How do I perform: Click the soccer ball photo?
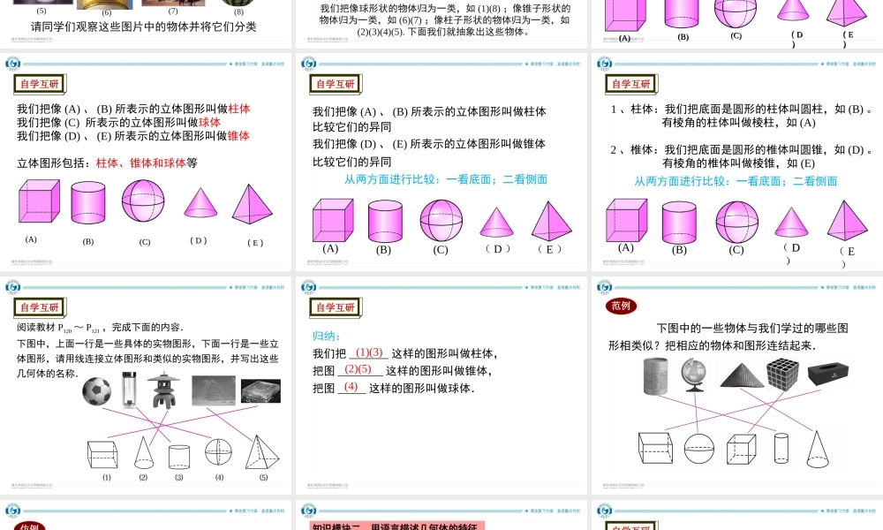pyautogui.click(x=96, y=391)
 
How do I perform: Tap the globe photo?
pyautogui.click(x=694, y=375)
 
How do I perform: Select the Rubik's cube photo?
pyautogui.click(x=782, y=375)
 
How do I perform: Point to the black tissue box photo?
pyautogui.click(x=827, y=373)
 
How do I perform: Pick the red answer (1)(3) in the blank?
pyautogui.click(x=369, y=352)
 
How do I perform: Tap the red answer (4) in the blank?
pyautogui.click(x=351, y=387)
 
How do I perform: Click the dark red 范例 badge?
pyautogui.click(x=621, y=306)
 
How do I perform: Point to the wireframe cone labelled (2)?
pyautogui.click(x=143, y=452)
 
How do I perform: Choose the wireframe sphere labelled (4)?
pyautogui.click(x=218, y=451)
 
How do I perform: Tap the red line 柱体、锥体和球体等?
pyautogui.click(x=146, y=163)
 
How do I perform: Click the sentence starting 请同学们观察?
pyautogui.click(x=143, y=26)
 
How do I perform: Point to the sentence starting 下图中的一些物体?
pyautogui.click(x=752, y=328)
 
